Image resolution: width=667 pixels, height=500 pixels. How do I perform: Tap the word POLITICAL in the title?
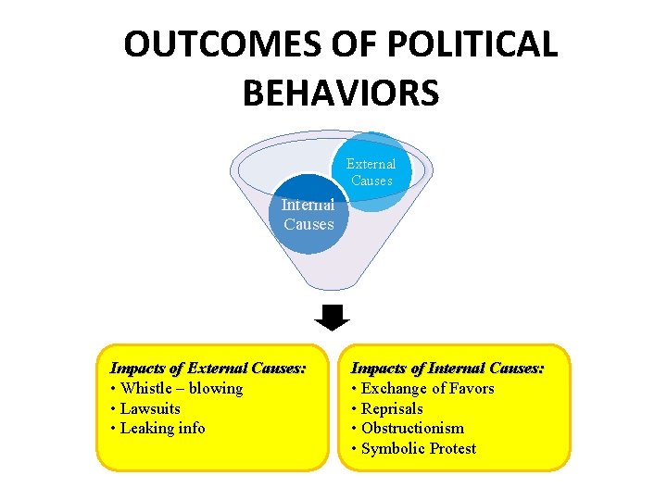(x=467, y=45)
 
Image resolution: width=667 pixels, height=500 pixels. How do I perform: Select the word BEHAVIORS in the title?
(x=340, y=93)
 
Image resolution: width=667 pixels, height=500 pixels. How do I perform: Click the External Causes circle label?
(x=371, y=172)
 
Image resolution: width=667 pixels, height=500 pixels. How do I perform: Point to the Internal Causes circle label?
(x=308, y=215)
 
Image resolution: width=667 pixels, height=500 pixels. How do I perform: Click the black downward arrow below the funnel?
(x=332, y=317)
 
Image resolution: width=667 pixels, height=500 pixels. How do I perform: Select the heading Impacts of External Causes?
(x=208, y=369)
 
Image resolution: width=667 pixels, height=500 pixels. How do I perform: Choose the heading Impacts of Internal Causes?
(x=447, y=369)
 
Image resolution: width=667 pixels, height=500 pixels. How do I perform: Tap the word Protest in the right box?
(x=451, y=448)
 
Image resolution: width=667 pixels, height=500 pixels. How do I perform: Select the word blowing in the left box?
(x=216, y=389)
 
